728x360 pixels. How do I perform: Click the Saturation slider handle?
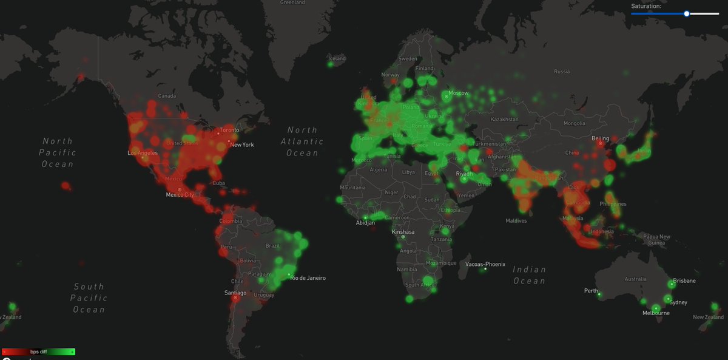687,13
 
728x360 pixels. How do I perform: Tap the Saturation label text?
646,5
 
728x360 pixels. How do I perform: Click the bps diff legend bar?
38,352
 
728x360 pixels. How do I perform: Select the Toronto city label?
229,130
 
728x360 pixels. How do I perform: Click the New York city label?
241,144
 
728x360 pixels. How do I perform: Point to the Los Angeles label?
142,153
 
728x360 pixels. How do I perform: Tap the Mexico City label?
180,195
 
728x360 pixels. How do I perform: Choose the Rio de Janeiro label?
308,278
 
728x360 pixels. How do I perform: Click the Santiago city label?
235,293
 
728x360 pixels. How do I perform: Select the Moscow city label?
459,93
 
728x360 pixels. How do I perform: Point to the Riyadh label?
464,174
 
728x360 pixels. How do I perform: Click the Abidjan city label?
365,223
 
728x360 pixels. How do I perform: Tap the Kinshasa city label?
403,232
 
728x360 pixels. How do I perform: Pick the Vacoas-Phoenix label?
485,264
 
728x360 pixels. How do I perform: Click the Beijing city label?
600,138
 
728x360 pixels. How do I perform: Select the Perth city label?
591,291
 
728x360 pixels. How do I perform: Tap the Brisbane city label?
684,281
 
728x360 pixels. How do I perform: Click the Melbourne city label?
656,313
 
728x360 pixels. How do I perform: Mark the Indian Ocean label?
530,275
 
